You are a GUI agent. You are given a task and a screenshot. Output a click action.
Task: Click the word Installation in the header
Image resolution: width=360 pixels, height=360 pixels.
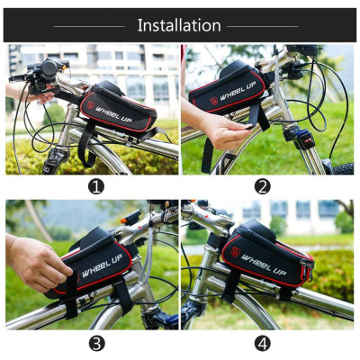click(179, 24)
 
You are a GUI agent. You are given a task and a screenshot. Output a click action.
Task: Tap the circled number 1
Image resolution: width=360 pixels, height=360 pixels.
click(96, 187)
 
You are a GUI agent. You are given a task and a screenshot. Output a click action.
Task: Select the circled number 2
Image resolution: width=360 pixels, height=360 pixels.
click(262, 187)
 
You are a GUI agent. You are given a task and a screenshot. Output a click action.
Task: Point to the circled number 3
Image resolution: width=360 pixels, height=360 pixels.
click(96, 343)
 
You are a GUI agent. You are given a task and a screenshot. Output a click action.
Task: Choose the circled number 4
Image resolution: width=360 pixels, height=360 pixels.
click(262, 343)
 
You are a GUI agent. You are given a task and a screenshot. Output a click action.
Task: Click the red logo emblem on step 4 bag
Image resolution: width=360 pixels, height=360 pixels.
click(235, 251)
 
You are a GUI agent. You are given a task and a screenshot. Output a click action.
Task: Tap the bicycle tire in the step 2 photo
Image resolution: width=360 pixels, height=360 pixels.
click(342, 167)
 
